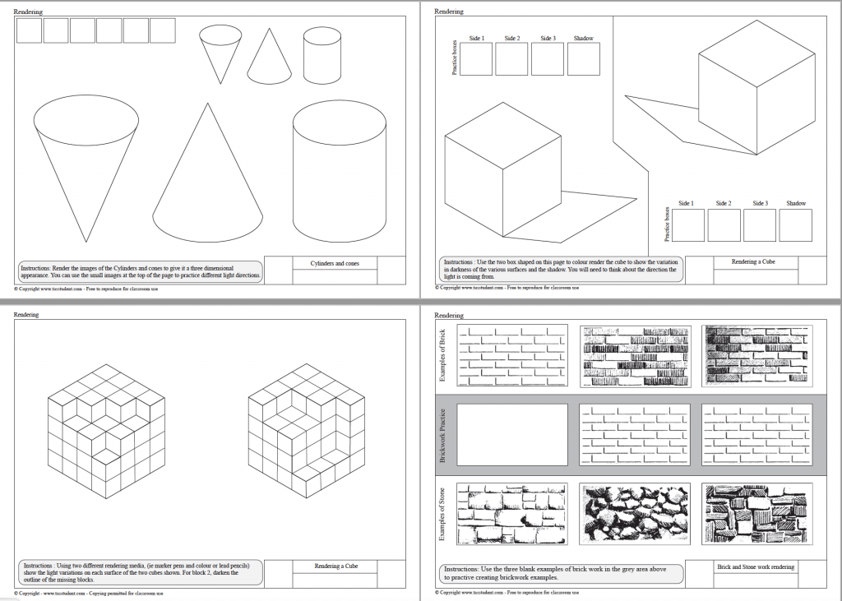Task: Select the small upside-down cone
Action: [x=220, y=51]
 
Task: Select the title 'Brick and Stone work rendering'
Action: [x=756, y=566]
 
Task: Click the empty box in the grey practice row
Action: [x=512, y=434]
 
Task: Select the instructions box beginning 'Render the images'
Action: [x=140, y=271]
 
